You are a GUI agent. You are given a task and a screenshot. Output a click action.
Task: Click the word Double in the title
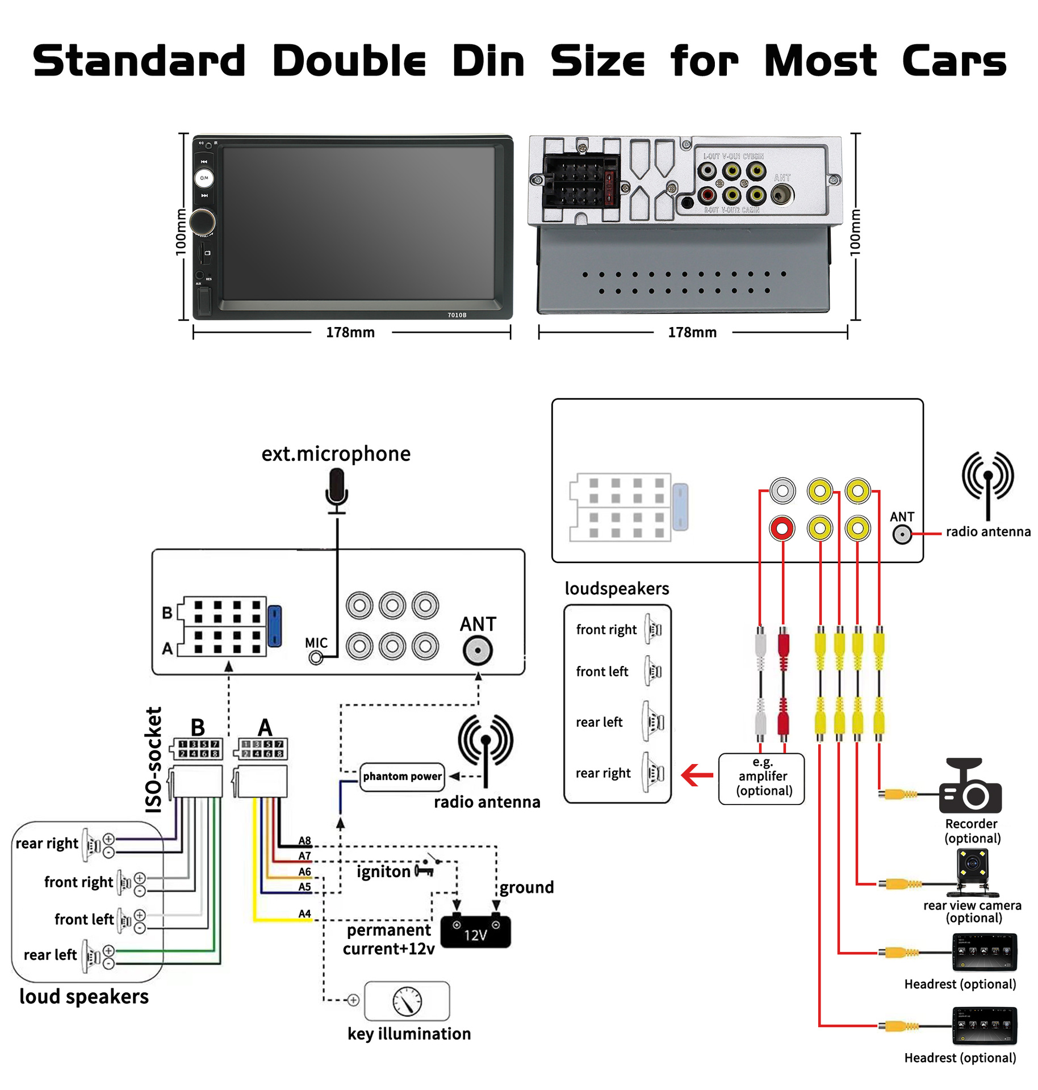[349, 61]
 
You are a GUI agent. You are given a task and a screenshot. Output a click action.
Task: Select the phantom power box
[402, 776]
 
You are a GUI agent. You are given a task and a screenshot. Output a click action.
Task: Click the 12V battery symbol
[475, 931]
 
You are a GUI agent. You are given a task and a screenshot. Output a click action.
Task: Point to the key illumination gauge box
[407, 1000]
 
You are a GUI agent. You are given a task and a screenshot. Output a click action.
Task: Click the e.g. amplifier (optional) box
[761, 778]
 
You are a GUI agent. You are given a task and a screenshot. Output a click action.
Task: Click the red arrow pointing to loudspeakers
[697, 775]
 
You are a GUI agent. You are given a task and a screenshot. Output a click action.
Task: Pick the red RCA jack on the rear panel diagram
[782, 529]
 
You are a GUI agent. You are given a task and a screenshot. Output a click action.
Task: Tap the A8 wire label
[305, 840]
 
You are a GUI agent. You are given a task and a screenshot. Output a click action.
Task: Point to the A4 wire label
[305, 913]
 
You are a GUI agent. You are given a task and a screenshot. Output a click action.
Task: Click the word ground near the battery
[526, 887]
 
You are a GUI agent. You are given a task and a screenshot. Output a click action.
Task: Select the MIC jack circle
[316, 657]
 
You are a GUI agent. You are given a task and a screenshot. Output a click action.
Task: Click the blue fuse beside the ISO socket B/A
[274, 626]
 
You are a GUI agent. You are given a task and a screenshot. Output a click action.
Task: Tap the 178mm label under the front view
[350, 333]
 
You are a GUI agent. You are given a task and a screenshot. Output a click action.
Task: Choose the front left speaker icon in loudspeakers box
[654, 671]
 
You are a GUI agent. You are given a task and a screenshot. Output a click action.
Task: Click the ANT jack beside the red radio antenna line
[902, 534]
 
